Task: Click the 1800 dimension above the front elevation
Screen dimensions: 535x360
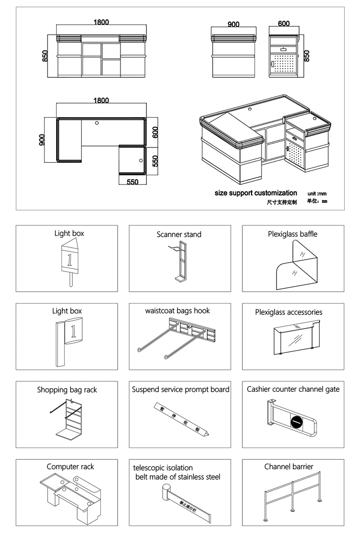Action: [101, 22]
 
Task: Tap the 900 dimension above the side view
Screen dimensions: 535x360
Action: [233, 24]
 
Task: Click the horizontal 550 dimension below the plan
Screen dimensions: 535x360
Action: [132, 182]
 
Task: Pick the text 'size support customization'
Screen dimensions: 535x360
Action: [255, 193]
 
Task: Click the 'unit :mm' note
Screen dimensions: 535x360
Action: [317, 193]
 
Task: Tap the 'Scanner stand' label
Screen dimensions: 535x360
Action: [179, 234]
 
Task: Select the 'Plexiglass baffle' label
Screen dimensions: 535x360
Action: [292, 234]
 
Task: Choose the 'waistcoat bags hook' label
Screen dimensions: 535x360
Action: [178, 311]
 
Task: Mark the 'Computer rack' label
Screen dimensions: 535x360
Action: [70, 466]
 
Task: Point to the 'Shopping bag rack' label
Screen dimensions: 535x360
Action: [67, 389]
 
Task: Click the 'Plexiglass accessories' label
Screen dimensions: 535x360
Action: [288, 312]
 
